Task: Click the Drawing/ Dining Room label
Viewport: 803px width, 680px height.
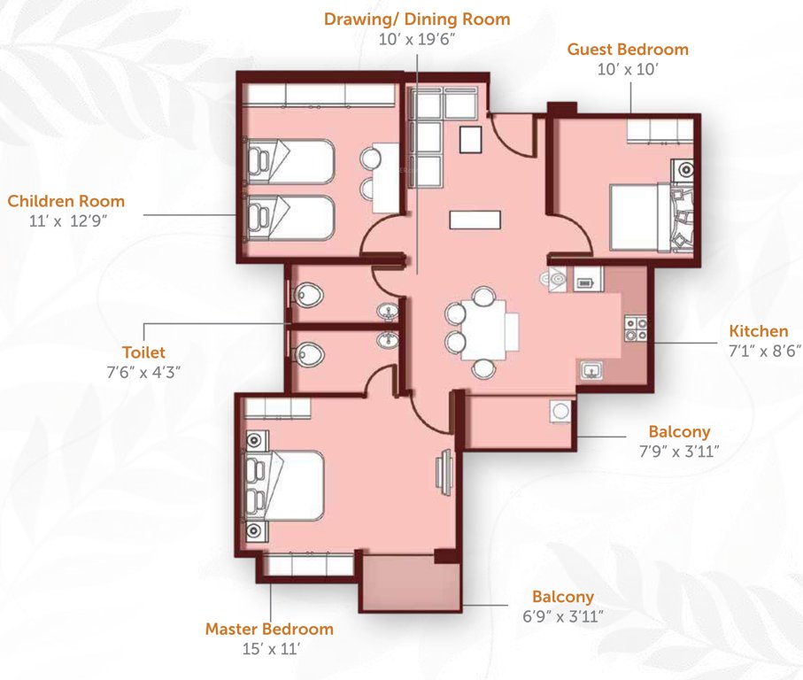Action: (416, 19)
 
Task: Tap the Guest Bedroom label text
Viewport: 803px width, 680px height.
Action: (628, 50)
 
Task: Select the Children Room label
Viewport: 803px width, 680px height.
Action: (66, 201)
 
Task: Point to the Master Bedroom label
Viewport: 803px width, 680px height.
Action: (269, 629)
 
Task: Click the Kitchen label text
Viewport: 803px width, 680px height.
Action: (758, 331)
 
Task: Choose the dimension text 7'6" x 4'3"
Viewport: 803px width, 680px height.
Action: (144, 370)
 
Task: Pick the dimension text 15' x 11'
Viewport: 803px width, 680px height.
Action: (269, 649)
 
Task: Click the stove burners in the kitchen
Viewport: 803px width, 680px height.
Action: (635, 328)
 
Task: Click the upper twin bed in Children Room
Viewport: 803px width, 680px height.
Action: (290, 160)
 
